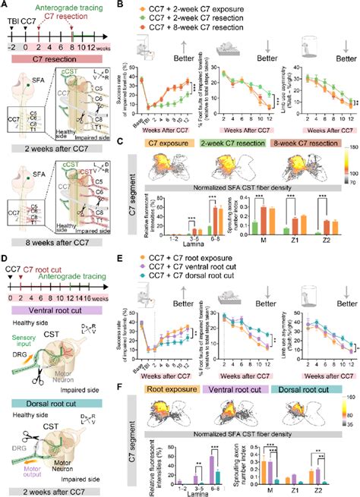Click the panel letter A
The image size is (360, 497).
(x=5, y=5)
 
